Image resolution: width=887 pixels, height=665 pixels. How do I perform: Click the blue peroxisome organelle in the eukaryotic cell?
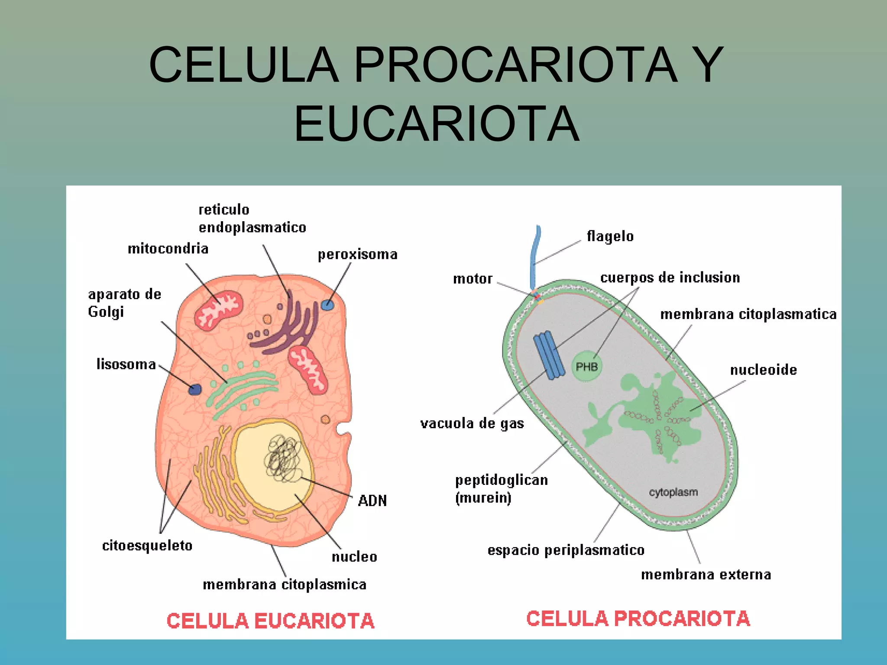(x=327, y=305)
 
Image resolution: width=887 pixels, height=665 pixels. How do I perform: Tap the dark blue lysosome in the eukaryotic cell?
(x=195, y=389)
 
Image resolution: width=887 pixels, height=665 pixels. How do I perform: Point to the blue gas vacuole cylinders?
(x=549, y=355)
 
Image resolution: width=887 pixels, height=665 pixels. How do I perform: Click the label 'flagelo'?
(x=610, y=236)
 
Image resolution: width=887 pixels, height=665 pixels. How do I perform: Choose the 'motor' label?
(x=473, y=279)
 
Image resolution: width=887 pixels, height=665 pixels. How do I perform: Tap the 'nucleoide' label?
(x=763, y=370)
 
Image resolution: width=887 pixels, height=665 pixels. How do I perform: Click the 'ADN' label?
(x=372, y=501)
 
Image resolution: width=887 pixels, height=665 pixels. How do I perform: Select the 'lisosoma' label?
(x=126, y=364)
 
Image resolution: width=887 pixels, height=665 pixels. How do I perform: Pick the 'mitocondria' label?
(x=168, y=249)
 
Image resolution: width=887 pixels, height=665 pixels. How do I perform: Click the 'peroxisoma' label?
(x=357, y=254)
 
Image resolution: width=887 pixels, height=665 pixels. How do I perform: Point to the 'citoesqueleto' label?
(x=147, y=546)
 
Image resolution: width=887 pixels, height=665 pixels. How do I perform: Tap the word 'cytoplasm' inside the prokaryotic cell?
(x=673, y=492)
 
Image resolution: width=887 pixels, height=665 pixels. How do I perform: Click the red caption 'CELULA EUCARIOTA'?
(x=270, y=620)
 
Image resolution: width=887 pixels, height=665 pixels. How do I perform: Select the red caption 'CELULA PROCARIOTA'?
(x=638, y=618)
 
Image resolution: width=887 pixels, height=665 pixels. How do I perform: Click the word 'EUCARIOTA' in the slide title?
(x=437, y=124)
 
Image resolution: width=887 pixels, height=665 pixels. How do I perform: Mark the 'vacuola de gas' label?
(x=472, y=423)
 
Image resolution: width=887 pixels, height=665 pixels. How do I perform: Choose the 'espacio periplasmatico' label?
(x=566, y=550)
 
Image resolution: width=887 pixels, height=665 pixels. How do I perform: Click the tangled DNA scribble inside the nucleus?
(x=284, y=459)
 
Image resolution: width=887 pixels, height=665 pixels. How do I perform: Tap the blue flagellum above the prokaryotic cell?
(x=536, y=255)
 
